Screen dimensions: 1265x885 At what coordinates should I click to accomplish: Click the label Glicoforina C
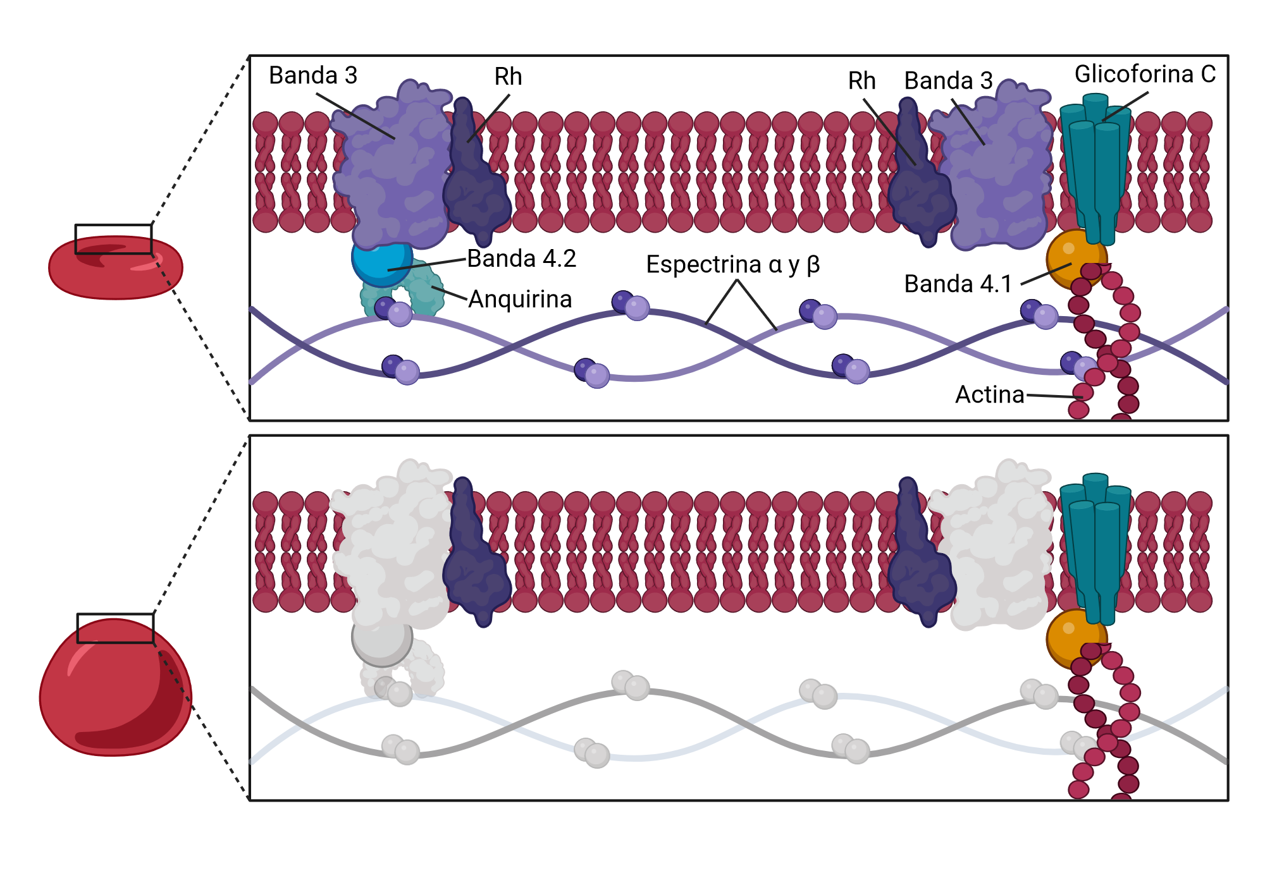1145,74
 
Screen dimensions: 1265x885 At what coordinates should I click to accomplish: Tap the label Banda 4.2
522,259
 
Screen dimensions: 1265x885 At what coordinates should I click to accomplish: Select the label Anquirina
520,299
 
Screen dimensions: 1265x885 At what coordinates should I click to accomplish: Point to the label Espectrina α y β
733,264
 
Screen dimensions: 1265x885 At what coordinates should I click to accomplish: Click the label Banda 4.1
958,284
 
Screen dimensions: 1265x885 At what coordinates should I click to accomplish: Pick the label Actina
989,394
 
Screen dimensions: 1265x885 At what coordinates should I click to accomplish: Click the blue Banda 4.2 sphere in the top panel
381,262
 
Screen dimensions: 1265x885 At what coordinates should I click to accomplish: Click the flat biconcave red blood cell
116,267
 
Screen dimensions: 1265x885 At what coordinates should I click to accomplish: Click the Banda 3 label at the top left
313,75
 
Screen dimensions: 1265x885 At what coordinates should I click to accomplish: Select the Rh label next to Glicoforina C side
861,81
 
